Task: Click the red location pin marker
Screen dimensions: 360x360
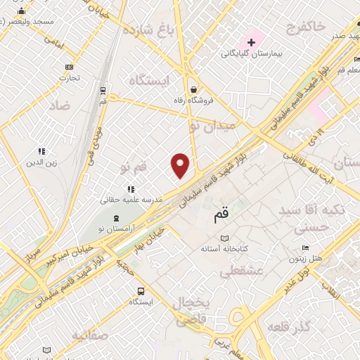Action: pos(181,165)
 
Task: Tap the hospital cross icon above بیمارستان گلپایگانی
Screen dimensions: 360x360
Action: pos(251,43)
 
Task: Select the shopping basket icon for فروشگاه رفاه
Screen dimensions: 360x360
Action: pos(193,89)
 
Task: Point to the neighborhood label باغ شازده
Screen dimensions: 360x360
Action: pos(148,30)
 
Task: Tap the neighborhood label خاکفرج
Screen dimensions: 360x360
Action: pos(306,27)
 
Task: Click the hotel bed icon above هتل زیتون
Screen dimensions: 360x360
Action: pos(304,248)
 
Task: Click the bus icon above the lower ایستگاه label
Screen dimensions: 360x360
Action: pos(141,290)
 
